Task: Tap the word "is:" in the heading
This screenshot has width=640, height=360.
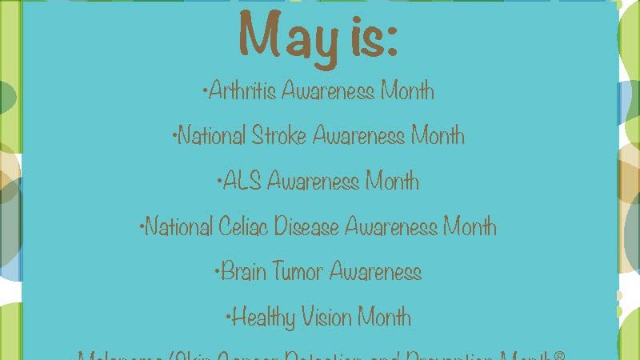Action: (x=373, y=37)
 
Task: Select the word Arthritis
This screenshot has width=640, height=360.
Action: (x=242, y=90)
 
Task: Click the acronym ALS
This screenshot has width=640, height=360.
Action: (x=242, y=182)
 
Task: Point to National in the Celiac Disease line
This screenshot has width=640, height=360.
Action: (x=180, y=227)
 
